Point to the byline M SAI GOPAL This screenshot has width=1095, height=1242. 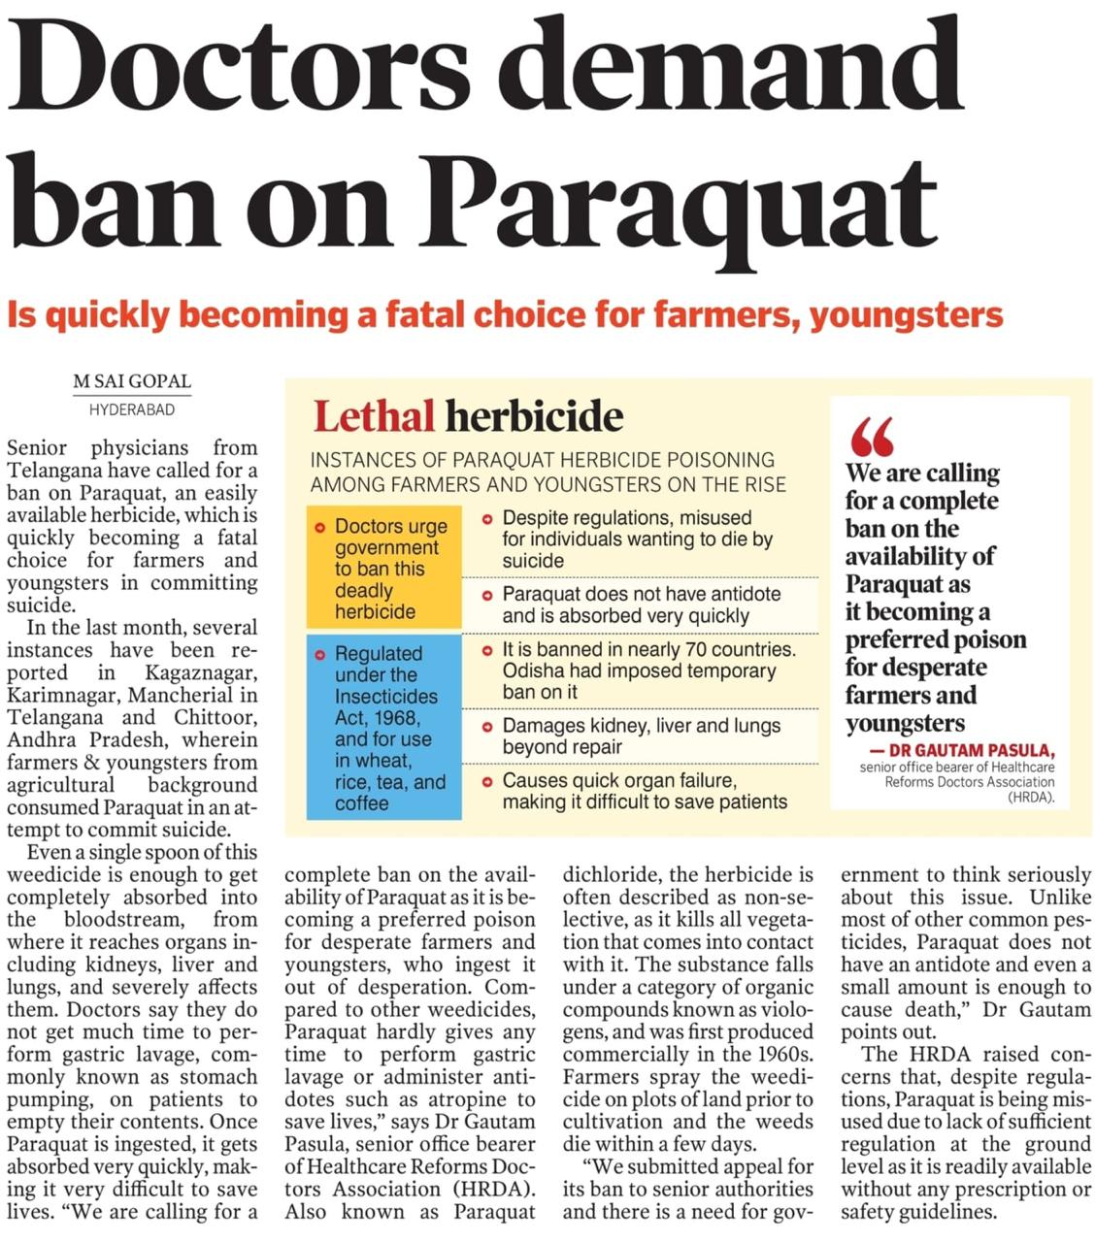click(132, 381)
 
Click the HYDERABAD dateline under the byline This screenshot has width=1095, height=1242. click(132, 409)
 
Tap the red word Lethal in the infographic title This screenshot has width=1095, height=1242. click(374, 416)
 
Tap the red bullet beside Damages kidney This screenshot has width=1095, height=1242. click(487, 726)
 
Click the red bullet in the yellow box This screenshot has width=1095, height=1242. click(319, 527)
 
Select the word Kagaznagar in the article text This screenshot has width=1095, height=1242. click(201, 672)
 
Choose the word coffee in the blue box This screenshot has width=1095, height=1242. click(361, 803)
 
